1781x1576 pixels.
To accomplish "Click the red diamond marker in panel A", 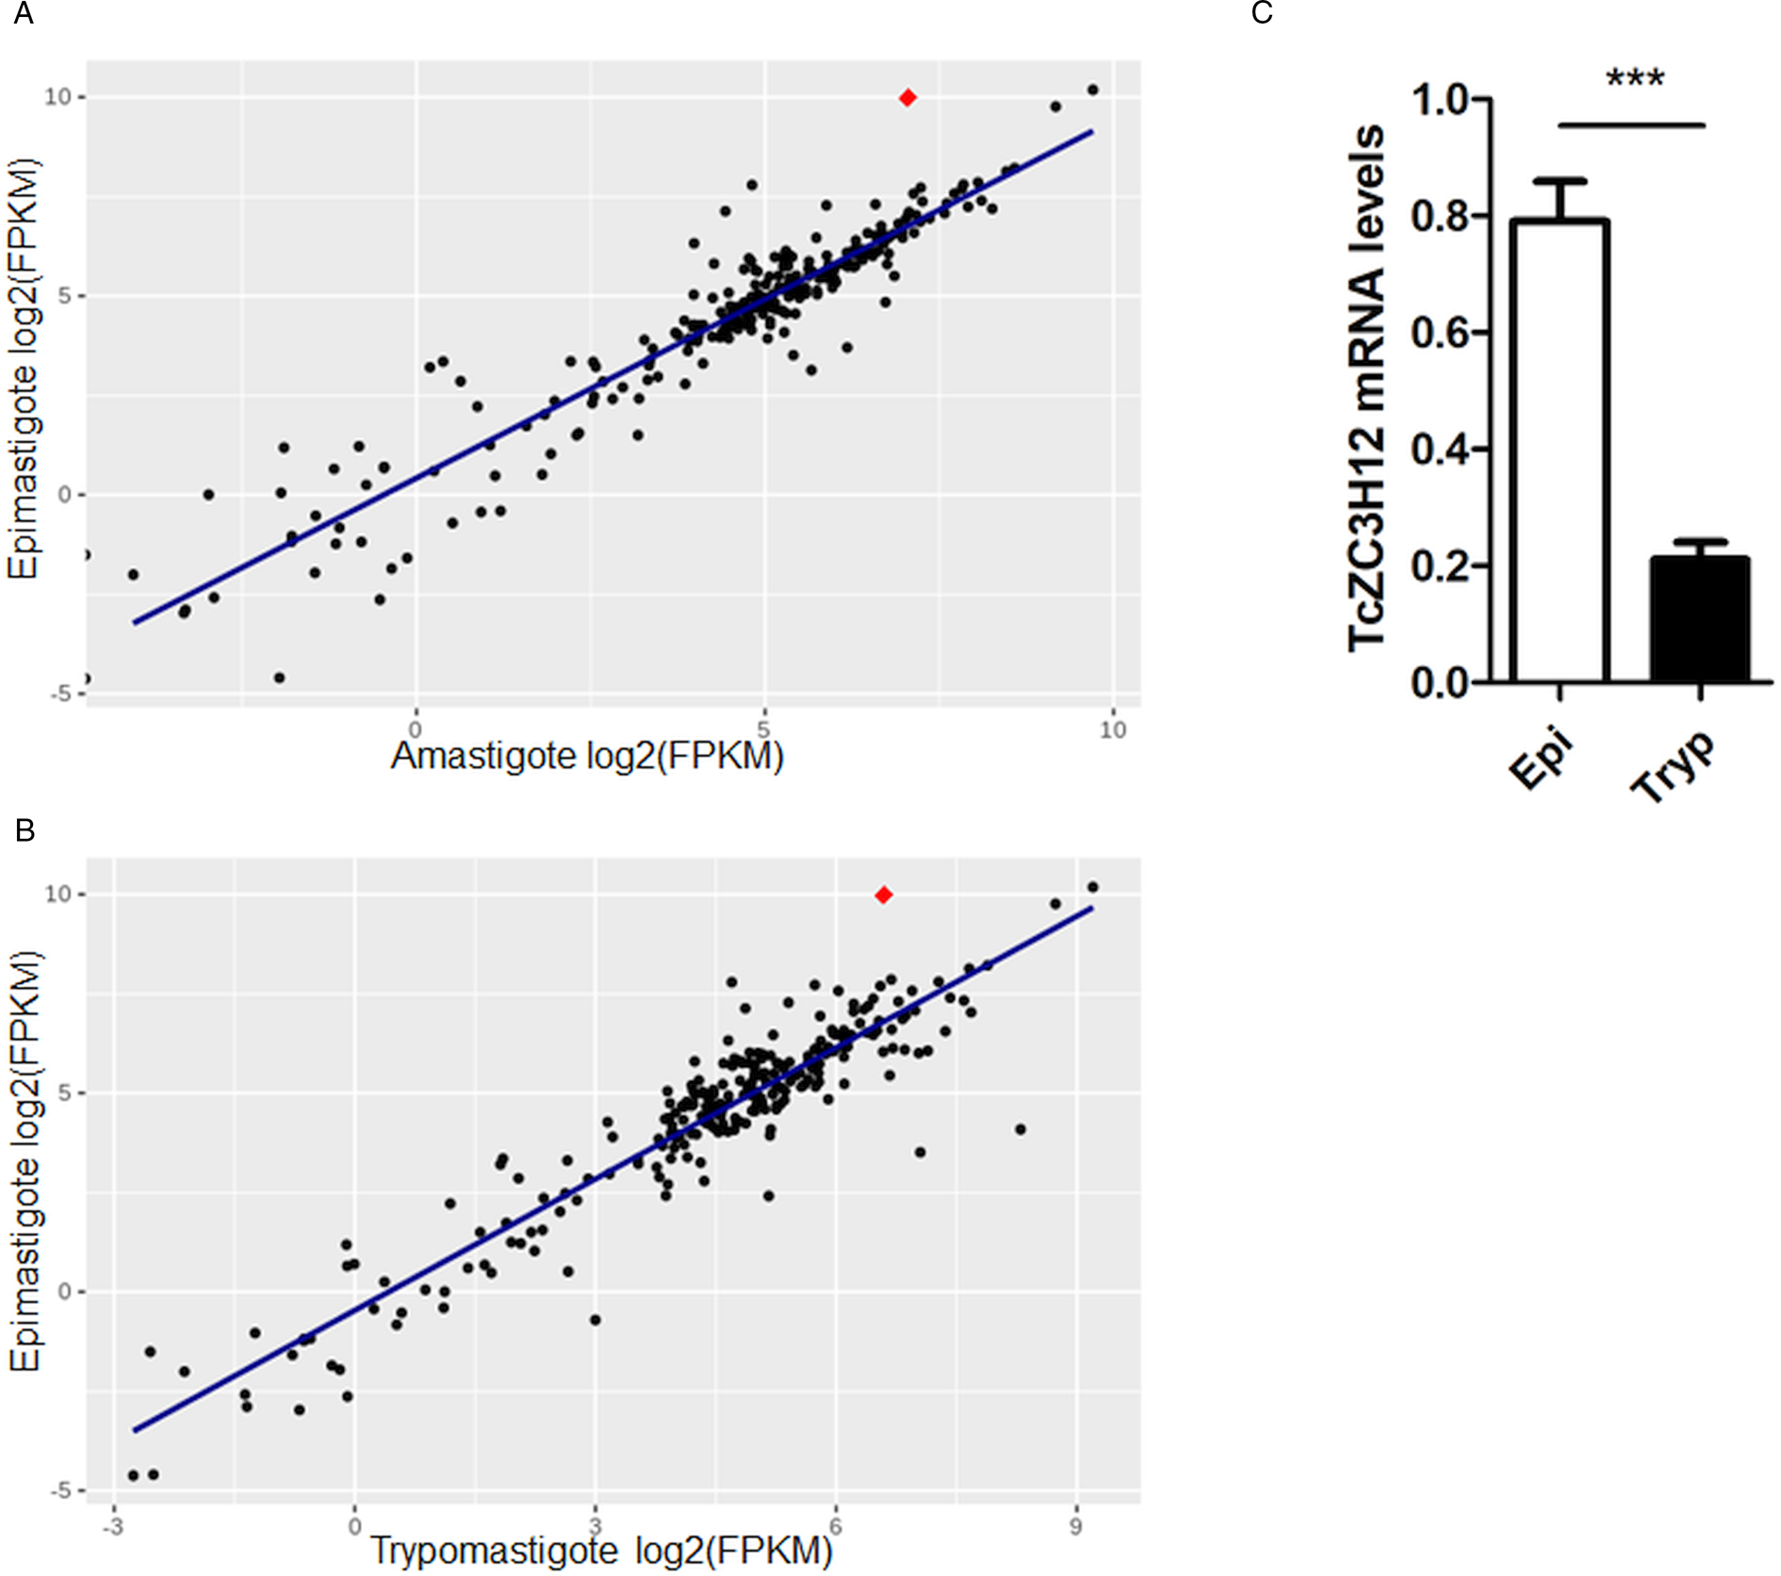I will coord(907,98).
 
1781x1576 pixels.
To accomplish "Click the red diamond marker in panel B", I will coord(883,895).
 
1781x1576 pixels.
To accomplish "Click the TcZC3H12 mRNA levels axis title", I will coord(1367,388).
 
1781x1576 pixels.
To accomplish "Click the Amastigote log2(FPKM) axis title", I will coord(587,756).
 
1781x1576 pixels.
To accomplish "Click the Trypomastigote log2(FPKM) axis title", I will coord(601,1551).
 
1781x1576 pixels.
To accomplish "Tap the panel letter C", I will coord(1262,13).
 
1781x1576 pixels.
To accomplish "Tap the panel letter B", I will coord(25,830).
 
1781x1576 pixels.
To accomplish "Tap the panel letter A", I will coord(23,14).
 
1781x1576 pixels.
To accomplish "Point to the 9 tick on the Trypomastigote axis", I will coord(1076,1526).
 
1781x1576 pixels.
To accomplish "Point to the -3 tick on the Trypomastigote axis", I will coord(113,1526).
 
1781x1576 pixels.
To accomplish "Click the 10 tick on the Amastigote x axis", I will coord(1113,731).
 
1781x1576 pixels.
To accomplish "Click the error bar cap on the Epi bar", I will coord(1560,180).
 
